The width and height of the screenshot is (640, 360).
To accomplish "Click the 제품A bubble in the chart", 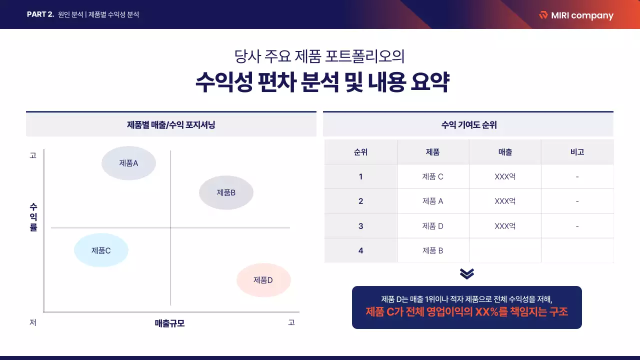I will (x=128, y=163).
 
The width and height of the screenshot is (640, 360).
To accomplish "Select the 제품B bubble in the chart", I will (x=226, y=192).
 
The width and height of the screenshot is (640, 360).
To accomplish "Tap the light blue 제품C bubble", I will (x=101, y=250).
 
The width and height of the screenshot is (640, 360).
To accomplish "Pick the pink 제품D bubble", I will (x=263, y=280).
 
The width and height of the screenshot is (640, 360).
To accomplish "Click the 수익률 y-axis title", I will (x=33, y=217).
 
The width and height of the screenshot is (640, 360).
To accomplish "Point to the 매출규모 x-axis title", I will (x=169, y=323).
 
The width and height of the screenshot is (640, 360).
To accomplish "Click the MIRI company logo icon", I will (x=543, y=15).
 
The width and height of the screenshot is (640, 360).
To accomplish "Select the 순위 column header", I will (x=360, y=152).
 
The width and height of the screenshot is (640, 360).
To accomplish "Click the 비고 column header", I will (x=577, y=152).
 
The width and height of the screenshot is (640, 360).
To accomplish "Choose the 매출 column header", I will (x=505, y=152).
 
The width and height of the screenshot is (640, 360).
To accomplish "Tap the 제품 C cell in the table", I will (x=432, y=176).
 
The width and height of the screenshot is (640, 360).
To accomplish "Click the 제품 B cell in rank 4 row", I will (x=432, y=250).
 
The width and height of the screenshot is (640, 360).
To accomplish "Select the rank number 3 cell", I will (x=360, y=226).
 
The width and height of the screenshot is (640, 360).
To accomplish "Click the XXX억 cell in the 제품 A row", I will (x=505, y=201).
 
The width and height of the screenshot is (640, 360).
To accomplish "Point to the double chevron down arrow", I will (x=466, y=273).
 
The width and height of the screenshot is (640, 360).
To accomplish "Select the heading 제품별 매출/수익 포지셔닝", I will (x=171, y=125).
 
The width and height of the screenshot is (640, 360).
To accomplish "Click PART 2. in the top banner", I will (x=40, y=14).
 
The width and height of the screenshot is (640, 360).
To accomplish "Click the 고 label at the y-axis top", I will (x=33, y=155).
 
